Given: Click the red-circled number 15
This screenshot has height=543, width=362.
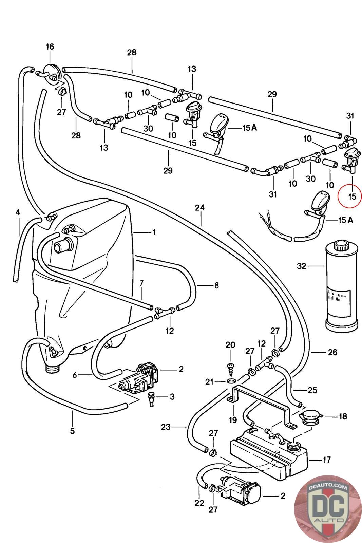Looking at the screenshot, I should (x=352, y=196).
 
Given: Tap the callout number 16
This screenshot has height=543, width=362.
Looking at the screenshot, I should (x=50, y=46).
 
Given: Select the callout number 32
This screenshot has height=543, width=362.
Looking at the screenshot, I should (x=301, y=266).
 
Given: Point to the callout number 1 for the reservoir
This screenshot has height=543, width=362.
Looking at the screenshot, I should (x=154, y=232).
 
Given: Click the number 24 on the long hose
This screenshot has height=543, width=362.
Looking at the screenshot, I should (x=200, y=208).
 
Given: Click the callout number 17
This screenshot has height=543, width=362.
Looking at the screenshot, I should (x=326, y=460).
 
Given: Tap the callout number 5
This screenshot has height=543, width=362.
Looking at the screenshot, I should (x=72, y=431).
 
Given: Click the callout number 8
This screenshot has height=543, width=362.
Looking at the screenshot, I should (x=216, y=285).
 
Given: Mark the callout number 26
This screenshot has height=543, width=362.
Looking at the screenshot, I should (x=332, y=352).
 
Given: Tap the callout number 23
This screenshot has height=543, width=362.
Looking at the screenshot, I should (x=165, y=427).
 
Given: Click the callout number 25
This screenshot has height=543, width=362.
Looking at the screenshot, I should (x=312, y=390).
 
